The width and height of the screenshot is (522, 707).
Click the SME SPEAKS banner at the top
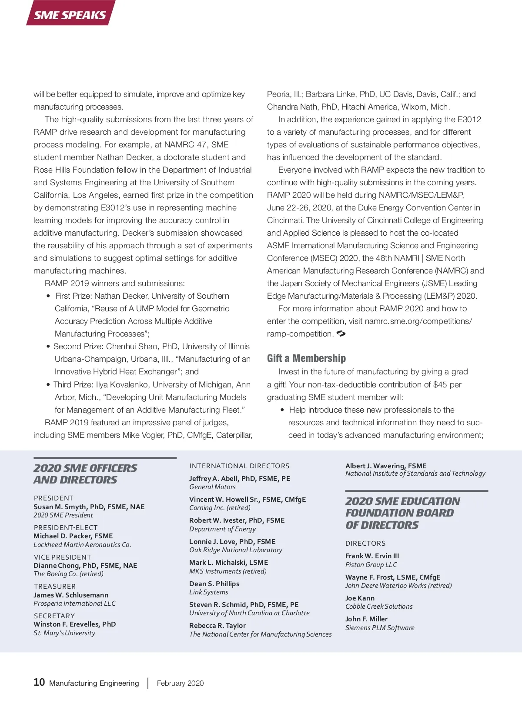[x=70, y=14]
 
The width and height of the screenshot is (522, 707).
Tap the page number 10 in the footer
[x=39, y=682]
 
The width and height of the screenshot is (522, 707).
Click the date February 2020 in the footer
[x=180, y=683]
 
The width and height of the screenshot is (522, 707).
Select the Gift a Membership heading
[x=306, y=358]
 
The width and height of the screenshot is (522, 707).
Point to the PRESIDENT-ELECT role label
[x=66, y=527]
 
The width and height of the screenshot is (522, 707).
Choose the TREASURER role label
[x=55, y=586]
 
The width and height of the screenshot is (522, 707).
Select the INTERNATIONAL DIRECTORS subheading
[x=239, y=466]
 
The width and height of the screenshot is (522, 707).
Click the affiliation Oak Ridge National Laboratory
[x=236, y=550]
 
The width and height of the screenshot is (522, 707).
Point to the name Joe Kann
[x=360, y=598]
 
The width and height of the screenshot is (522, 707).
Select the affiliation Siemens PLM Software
[x=380, y=627]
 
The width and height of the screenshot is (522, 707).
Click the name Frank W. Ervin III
[x=372, y=556]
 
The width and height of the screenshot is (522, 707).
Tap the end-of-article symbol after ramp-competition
[x=341, y=333]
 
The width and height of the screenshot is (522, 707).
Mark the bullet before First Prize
[x=48, y=296]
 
